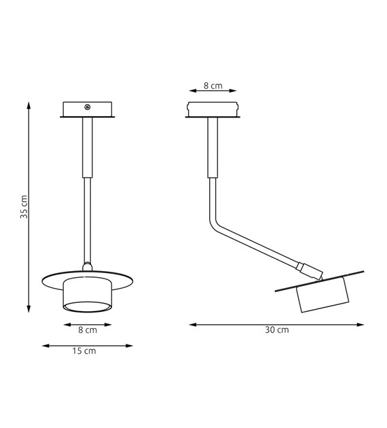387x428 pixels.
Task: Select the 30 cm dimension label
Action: (x=277, y=330)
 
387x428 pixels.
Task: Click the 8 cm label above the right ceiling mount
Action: (x=213, y=86)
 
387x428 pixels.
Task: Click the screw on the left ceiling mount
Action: (x=87, y=107)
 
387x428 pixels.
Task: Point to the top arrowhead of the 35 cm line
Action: (x=29, y=105)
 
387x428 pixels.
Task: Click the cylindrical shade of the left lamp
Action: (x=86, y=293)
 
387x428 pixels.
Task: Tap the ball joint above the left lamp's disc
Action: (x=86, y=265)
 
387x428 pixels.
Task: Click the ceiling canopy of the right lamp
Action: (x=213, y=109)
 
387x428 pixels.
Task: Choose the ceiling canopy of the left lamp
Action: (x=87, y=109)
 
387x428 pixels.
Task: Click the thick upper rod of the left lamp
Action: (x=87, y=148)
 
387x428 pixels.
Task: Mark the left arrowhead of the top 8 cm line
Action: (x=189, y=90)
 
